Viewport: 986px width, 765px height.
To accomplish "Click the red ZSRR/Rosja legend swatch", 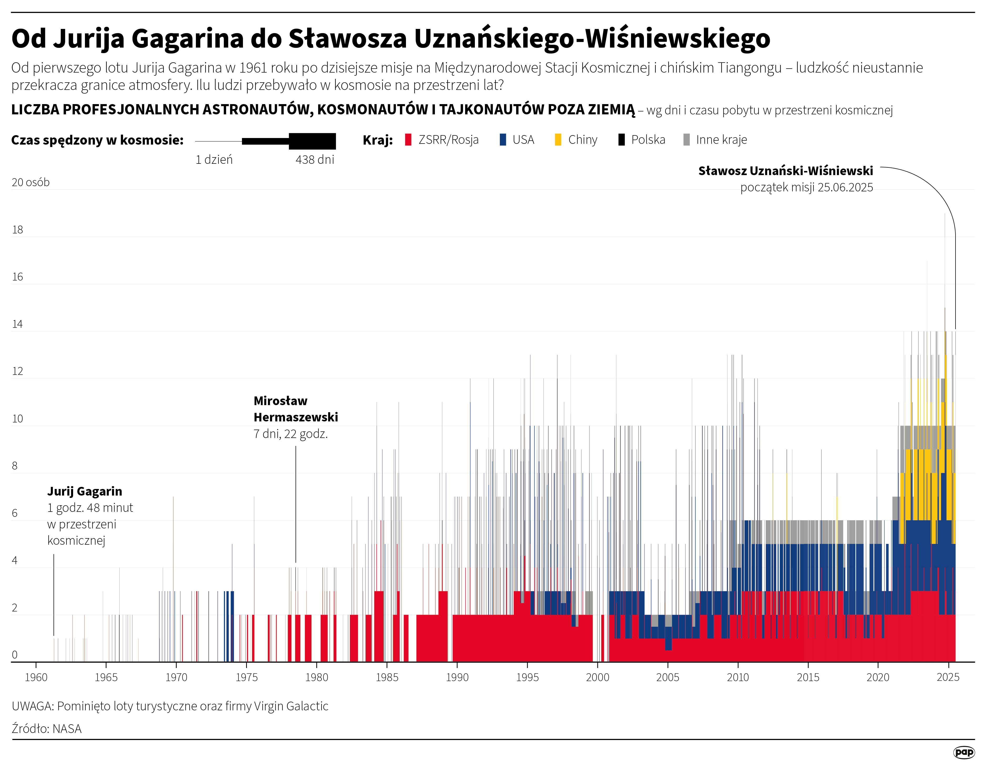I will point(408,140).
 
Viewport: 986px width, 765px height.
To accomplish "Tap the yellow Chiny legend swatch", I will point(558,140).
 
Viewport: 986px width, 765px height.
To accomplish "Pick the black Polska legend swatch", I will point(622,140).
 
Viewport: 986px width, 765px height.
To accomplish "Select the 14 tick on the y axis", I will point(17,324).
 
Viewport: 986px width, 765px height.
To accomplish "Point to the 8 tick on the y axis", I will point(15,466).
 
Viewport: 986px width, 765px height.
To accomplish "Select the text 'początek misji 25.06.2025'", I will point(806,187).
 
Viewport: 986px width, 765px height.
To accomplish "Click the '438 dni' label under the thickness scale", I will point(315,159).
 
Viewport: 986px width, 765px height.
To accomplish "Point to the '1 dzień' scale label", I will point(214,159).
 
